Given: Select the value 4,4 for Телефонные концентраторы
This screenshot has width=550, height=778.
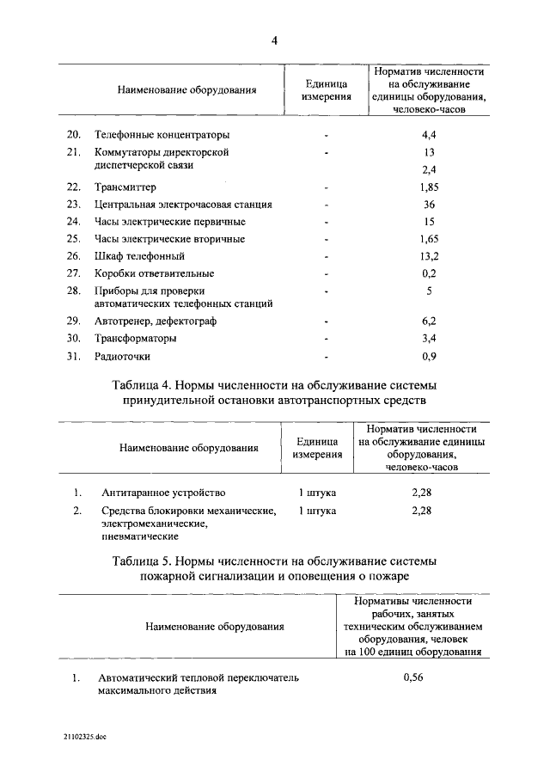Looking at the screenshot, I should point(429,135).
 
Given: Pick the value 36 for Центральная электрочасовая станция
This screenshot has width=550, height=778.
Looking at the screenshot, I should point(429,205).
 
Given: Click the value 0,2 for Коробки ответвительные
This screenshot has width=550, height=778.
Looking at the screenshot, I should point(429,273).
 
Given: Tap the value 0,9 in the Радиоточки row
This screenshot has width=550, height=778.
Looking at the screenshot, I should point(429,356).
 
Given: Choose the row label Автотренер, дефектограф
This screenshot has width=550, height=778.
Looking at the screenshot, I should point(156,321).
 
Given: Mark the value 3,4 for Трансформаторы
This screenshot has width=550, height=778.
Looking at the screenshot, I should point(429,338).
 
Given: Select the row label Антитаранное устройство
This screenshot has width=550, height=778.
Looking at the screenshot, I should point(163,493).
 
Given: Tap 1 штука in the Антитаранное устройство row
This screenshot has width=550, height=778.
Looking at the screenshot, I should point(317,493).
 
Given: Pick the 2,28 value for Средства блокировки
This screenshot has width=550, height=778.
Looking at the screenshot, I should point(421,511).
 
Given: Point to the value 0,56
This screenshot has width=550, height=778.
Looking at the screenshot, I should point(416,677).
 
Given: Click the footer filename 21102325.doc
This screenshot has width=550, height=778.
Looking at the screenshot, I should point(83,737).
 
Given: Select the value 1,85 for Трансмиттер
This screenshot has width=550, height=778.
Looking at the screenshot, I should point(429,187).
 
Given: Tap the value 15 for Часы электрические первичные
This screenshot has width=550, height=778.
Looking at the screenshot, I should point(429,222).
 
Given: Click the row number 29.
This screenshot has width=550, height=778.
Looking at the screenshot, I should point(74,321).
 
